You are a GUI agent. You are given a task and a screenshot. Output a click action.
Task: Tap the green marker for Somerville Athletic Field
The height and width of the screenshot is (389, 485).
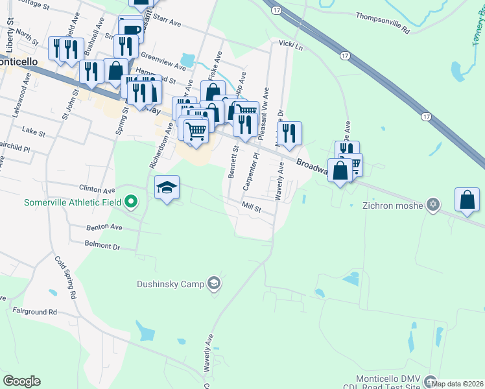[130, 202]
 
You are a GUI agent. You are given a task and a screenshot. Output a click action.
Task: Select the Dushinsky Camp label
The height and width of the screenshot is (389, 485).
[171, 283]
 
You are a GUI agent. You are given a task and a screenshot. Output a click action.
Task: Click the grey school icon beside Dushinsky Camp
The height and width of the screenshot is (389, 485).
[214, 283]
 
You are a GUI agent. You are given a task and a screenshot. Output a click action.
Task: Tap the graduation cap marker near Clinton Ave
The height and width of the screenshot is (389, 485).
[167, 187]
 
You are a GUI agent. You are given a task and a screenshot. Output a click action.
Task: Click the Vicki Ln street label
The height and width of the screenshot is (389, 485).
[290, 46]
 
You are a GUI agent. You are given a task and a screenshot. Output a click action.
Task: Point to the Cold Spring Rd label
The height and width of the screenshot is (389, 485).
[65, 277]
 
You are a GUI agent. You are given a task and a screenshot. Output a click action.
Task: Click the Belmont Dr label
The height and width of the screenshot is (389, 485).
[102, 246]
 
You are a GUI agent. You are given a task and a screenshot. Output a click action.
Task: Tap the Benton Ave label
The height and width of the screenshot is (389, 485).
[104, 228]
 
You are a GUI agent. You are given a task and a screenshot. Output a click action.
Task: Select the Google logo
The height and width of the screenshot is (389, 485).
[21, 381]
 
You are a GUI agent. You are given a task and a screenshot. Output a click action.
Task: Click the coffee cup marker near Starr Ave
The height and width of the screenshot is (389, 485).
[130, 29]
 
